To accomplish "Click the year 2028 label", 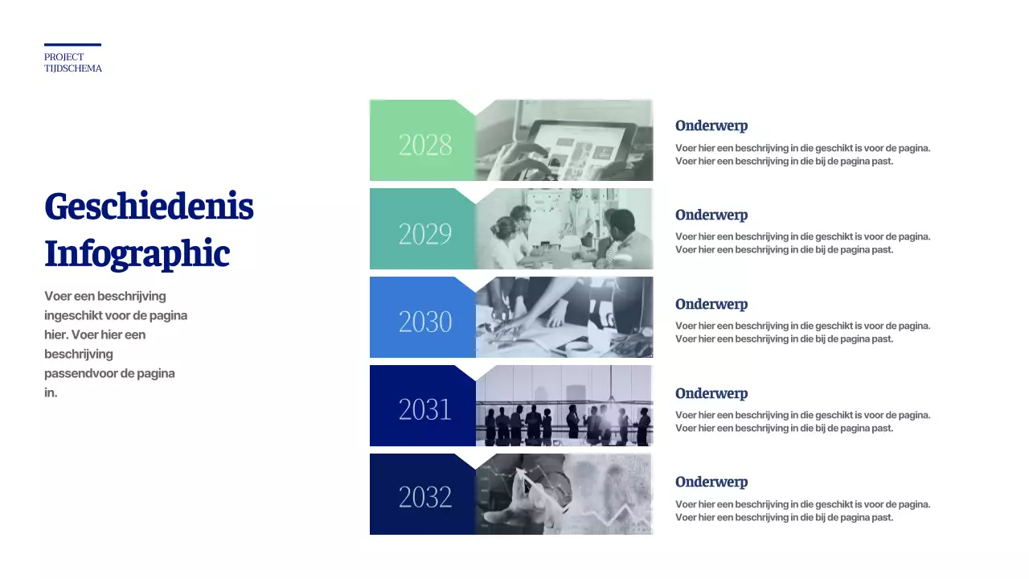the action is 425,145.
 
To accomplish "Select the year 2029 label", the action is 425,233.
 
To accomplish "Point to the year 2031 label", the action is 425,409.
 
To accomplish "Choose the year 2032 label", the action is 425,497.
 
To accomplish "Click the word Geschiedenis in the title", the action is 149,207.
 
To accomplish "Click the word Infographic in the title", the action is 137,254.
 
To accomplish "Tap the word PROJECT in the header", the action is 64,57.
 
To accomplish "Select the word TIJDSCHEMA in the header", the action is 73,68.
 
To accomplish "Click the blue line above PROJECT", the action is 72,44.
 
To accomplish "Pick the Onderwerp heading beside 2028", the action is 711,126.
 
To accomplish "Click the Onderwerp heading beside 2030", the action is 711,304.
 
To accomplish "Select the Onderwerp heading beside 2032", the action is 711,482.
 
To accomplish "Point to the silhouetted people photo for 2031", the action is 564,406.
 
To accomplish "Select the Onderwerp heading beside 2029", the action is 711,215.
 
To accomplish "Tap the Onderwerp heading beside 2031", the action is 711,393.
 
